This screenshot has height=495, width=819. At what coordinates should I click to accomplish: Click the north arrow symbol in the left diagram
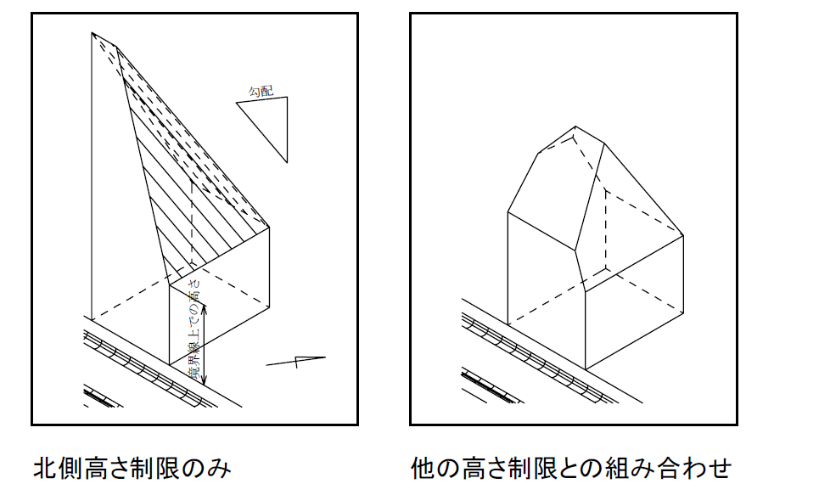[296, 361]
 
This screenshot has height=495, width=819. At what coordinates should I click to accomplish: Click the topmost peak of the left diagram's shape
[92, 33]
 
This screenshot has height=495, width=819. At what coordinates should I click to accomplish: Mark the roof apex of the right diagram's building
[576, 130]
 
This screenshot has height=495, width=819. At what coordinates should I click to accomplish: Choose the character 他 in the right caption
[422, 468]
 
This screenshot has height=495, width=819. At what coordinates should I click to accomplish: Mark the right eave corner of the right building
[683, 235]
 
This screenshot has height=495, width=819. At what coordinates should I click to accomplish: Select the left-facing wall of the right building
[543, 272]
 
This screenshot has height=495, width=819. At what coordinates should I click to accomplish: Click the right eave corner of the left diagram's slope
[270, 228]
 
